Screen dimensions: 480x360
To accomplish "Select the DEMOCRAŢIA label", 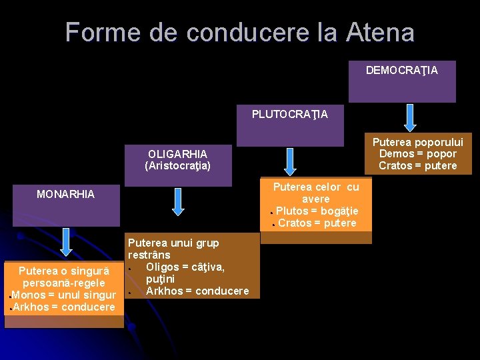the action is (401, 70).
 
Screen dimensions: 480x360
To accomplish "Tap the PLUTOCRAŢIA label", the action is (290, 114).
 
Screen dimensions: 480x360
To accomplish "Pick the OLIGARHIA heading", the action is (177, 154).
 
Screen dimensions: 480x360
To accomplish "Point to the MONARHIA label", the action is (65, 195).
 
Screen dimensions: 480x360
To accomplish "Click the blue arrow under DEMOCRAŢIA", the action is (411, 117).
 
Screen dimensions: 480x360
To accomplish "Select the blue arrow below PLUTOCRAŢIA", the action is (290, 161).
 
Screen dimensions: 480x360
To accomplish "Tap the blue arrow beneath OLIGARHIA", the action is (177, 201).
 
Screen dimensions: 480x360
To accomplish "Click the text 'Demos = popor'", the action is (418, 154).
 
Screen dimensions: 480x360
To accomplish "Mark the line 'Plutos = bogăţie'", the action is (317, 211).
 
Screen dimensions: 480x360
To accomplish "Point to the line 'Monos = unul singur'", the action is (64, 295).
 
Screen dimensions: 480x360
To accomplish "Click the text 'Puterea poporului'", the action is (417, 142).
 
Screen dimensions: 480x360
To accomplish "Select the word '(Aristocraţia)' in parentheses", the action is (177, 166).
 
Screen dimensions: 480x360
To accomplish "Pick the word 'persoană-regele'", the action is (64, 283).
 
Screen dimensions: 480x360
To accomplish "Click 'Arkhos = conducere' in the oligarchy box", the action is (197, 291).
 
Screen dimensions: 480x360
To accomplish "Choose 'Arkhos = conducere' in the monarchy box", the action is (64, 307).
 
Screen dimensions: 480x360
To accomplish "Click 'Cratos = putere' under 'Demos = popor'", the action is (418, 166).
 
